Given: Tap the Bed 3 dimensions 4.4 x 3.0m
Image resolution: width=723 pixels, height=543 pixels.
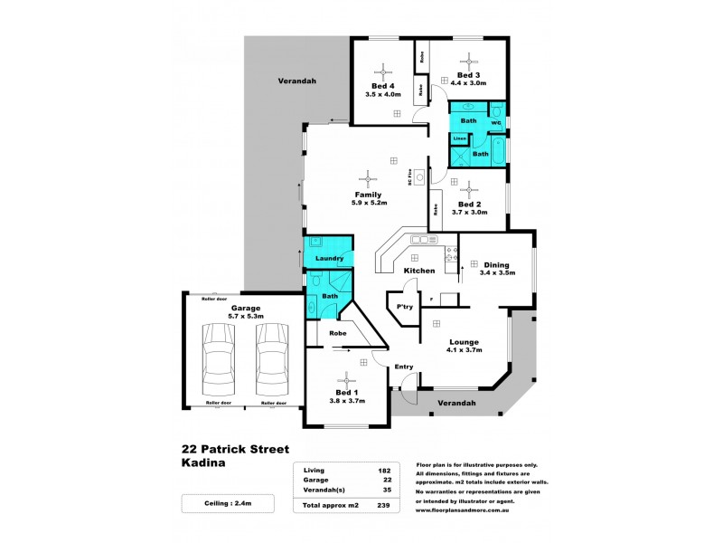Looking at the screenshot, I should [x=468, y=83].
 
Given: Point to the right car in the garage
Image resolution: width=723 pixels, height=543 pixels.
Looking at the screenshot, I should [x=272, y=354].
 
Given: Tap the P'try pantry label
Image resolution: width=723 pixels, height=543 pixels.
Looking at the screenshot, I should [x=405, y=308].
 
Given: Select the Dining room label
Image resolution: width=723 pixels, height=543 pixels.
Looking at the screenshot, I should [x=496, y=263].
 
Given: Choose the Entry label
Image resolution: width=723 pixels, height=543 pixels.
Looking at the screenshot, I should [x=404, y=366].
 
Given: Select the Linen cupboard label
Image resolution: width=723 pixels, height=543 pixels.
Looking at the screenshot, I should [x=459, y=138].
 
